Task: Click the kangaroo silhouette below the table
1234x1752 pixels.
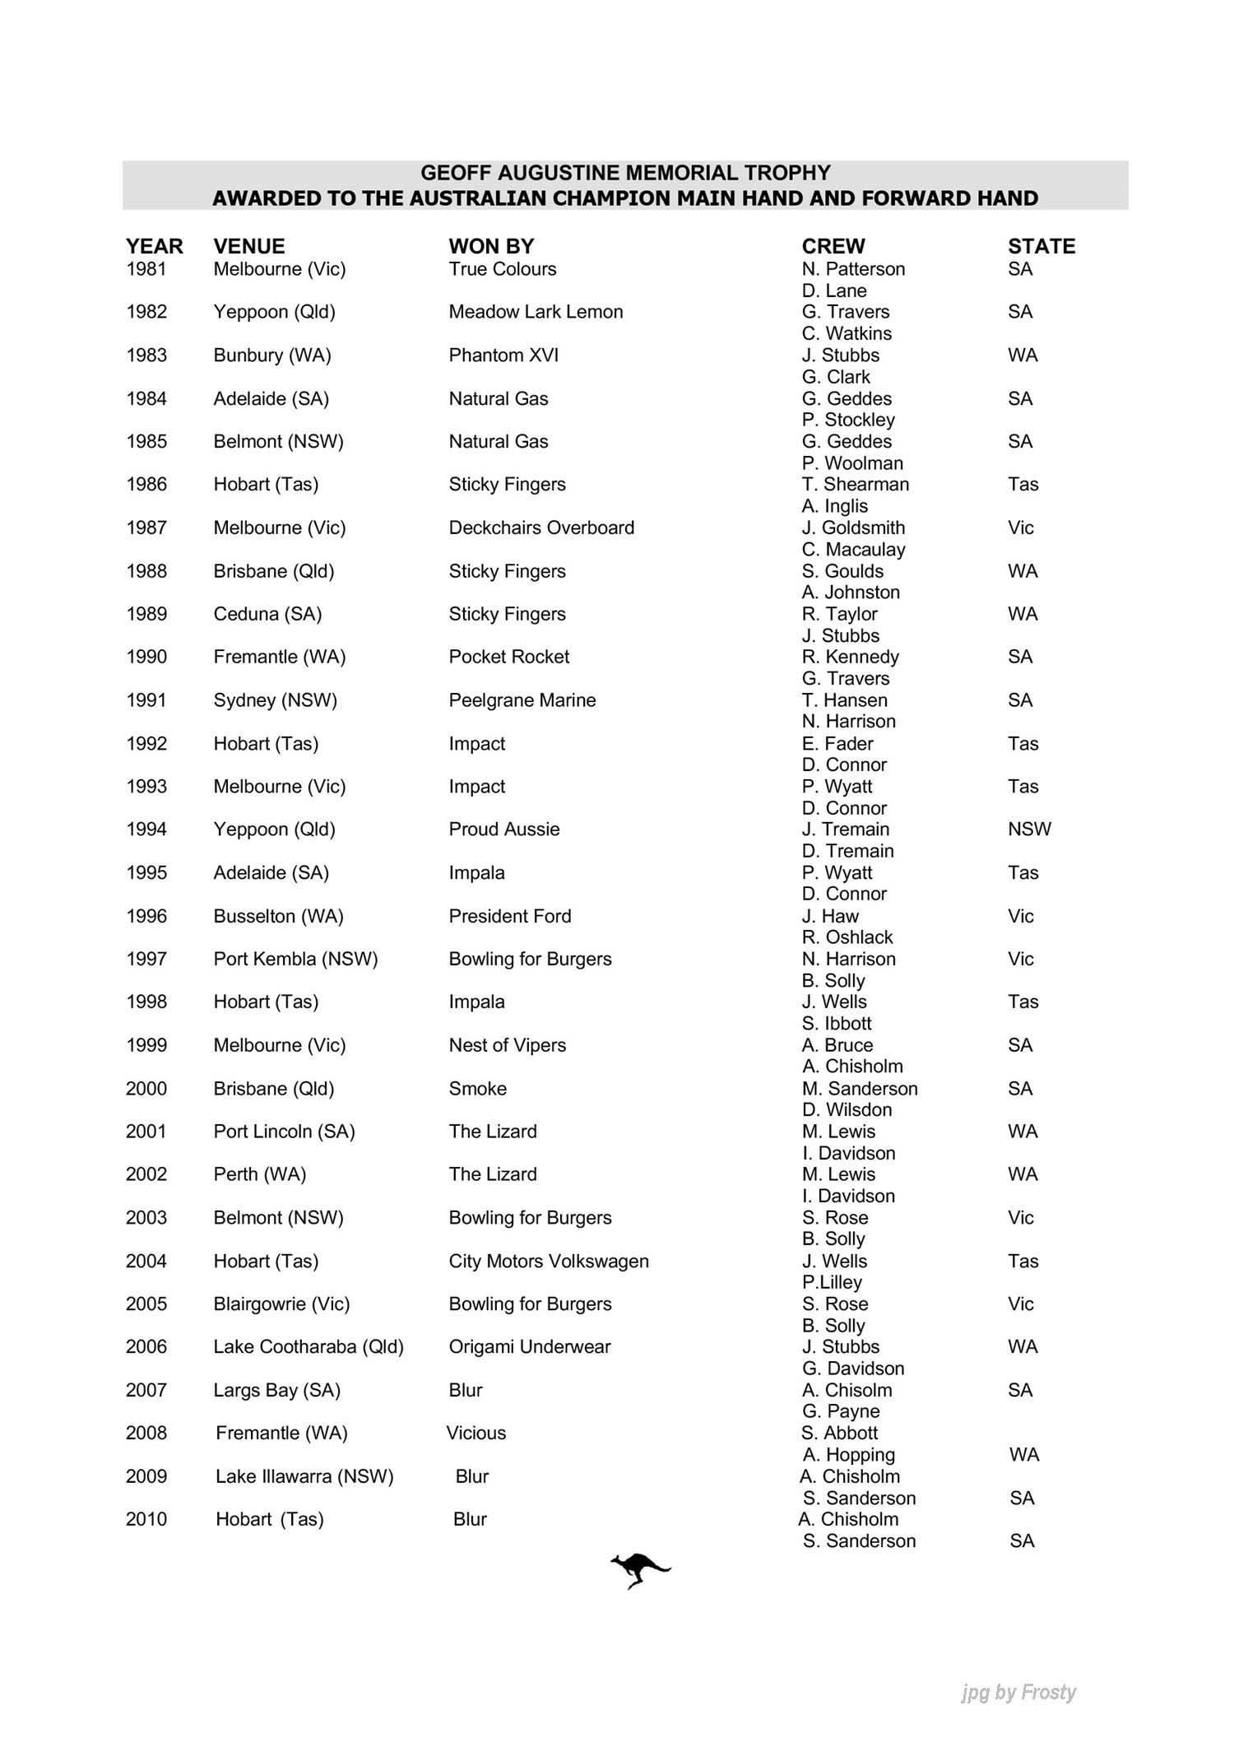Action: [639, 1570]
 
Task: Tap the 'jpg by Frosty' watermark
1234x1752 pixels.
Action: [1018, 1692]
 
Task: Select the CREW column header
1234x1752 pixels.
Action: [833, 246]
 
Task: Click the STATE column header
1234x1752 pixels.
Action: [1041, 246]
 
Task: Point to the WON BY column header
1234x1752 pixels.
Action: [491, 246]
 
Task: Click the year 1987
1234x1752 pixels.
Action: [146, 527]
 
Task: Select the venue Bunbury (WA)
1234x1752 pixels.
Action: [272, 356]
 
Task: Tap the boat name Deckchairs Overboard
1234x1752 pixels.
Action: [541, 527]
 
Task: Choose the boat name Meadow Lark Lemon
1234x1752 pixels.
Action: [536, 312]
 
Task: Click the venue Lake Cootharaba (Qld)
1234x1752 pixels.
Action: [308, 1346]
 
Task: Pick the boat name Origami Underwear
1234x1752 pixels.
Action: [530, 1346]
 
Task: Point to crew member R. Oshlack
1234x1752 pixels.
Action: [847, 937]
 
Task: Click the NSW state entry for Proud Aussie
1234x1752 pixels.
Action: [1029, 830]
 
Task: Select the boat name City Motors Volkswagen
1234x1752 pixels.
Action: [549, 1261]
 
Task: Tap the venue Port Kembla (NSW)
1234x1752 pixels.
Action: [295, 959]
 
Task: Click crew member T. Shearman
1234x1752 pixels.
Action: [856, 484]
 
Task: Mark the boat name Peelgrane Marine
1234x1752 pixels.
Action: [522, 700]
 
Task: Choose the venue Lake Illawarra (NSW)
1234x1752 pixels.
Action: [304, 1476]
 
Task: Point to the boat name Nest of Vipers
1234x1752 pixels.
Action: [508, 1045]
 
